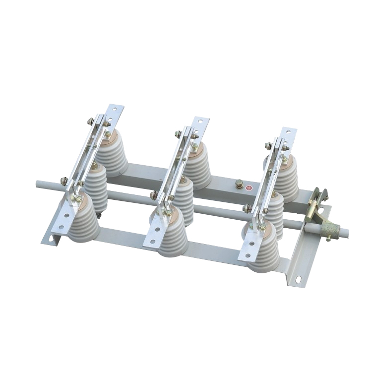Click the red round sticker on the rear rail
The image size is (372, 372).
tap(249, 188)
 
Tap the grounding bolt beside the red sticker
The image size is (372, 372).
tap(239, 185)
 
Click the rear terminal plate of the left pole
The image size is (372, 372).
tap(116, 112)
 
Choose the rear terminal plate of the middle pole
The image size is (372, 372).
tap(201, 124)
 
